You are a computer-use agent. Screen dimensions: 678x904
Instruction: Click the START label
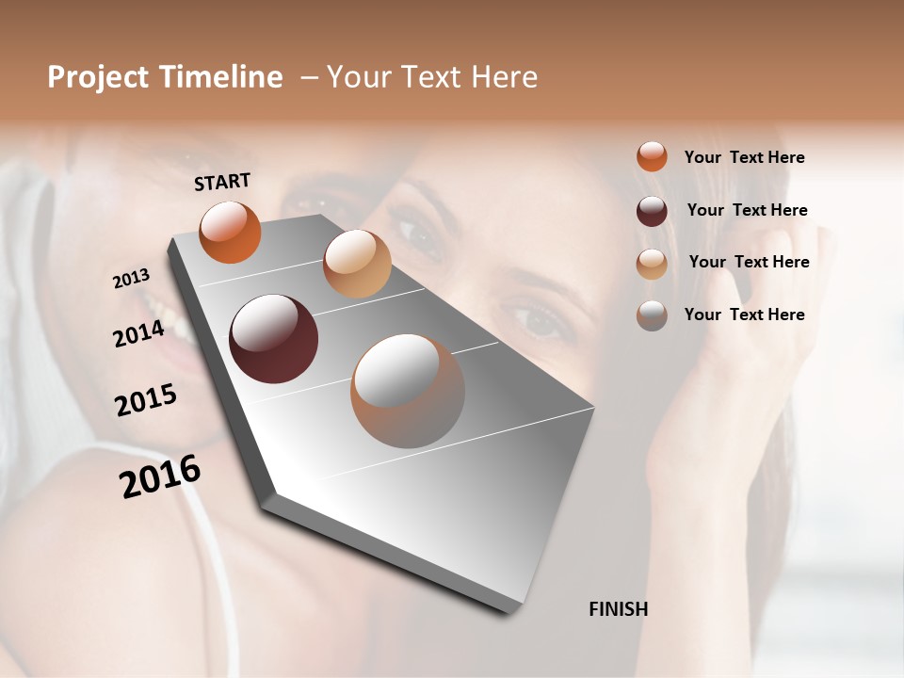(222, 182)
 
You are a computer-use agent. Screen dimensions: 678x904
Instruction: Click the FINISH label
(618, 609)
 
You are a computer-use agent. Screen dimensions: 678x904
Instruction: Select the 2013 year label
(132, 279)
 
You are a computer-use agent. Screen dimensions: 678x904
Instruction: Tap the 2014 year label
(138, 333)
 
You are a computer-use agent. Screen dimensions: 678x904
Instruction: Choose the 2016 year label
(160, 476)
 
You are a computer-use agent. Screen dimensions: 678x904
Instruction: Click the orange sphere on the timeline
(230, 232)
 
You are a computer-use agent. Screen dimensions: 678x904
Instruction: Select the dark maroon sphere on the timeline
(273, 339)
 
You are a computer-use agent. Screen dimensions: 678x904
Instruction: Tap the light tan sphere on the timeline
(357, 264)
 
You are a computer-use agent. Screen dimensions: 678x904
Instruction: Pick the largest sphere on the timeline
(408, 391)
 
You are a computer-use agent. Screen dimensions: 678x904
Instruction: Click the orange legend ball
(652, 156)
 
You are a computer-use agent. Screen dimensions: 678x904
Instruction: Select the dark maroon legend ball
(652, 211)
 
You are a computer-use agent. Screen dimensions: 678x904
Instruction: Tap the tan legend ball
(652, 264)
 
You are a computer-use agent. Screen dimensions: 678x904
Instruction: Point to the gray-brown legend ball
(652, 315)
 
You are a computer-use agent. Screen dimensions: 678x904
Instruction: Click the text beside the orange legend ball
(744, 157)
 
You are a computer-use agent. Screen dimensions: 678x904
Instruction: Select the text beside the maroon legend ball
(747, 210)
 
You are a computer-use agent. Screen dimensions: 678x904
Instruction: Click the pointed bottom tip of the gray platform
(508, 609)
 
